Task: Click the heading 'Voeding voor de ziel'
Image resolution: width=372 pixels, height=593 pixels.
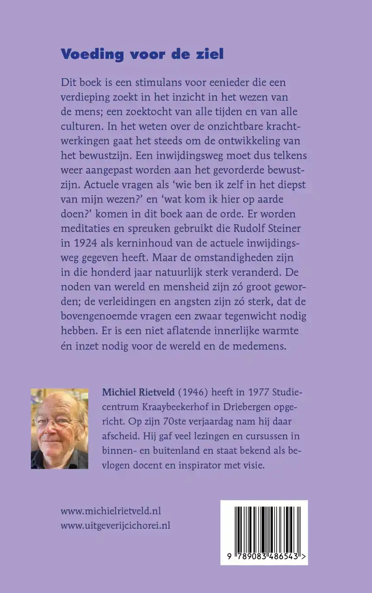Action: coord(142,54)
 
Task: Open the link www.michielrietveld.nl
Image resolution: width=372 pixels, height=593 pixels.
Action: coord(111,511)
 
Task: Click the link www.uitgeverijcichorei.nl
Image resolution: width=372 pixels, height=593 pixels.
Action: coord(115,526)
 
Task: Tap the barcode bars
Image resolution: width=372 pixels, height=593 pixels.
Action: coord(264,527)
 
